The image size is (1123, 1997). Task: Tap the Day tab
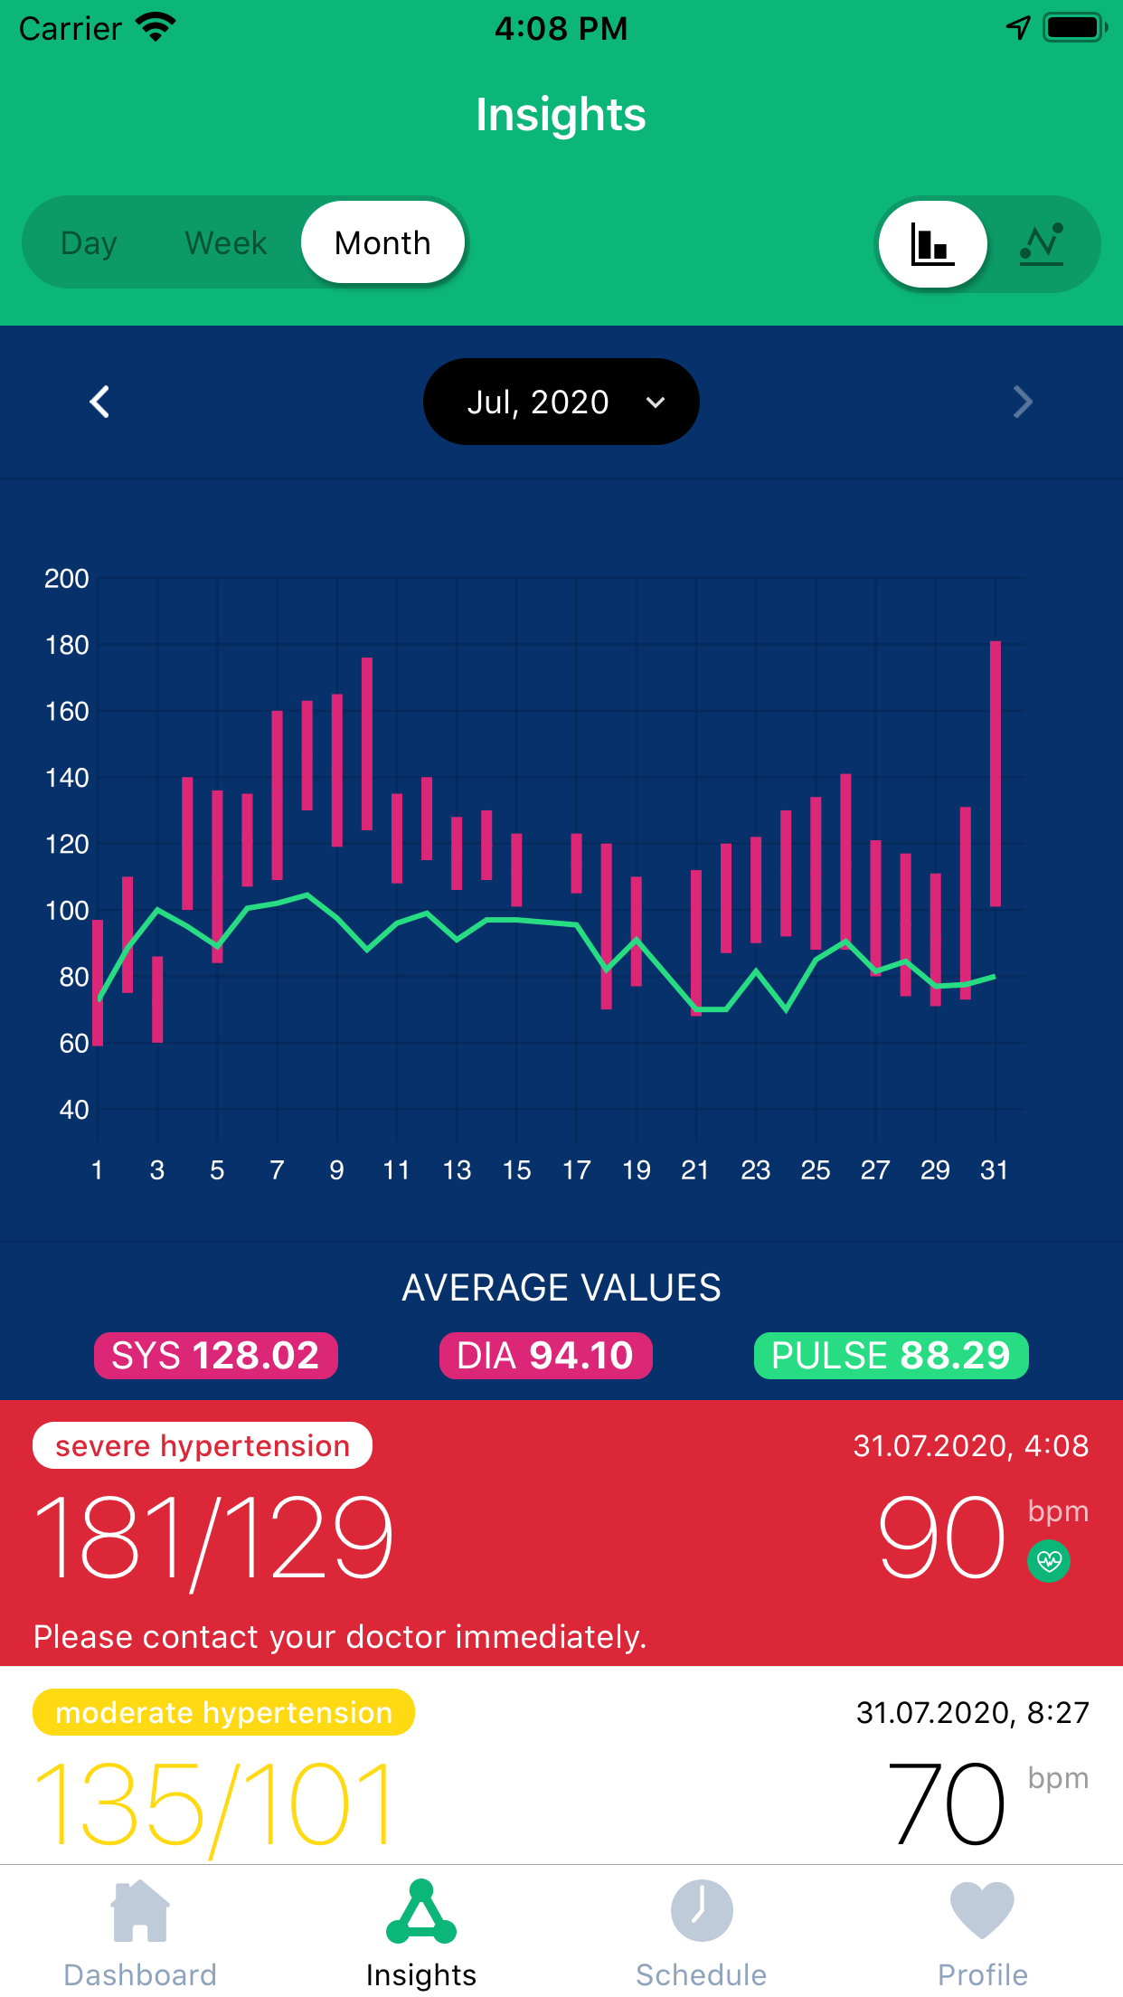pos(89,243)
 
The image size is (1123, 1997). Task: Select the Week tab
pos(226,243)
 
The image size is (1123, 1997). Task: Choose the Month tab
pos(382,243)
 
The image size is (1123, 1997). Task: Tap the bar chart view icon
pos(932,244)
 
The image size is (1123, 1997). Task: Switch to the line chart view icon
pos(1042,244)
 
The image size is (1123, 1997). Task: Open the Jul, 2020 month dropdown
pos(561,402)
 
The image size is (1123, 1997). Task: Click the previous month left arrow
pos(99,402)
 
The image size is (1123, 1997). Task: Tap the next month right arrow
pos(1023,402)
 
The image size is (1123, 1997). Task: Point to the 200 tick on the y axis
pos(67,579)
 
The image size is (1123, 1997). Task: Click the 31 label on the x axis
pos(994,1170)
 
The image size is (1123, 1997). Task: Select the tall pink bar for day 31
pos(995,773)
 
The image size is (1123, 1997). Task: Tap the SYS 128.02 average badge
pos(215,1356)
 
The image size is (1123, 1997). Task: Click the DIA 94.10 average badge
pos(545,1356)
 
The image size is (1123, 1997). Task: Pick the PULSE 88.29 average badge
pos(891,1356)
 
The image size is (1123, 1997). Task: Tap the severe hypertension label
pos(203,1445)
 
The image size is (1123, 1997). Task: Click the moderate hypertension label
pos(223,1712)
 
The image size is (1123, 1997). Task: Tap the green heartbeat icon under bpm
pos(1049,1560)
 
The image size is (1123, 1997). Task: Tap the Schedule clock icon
pos(702,1910)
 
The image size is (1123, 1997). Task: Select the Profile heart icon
pos(982,1910)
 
